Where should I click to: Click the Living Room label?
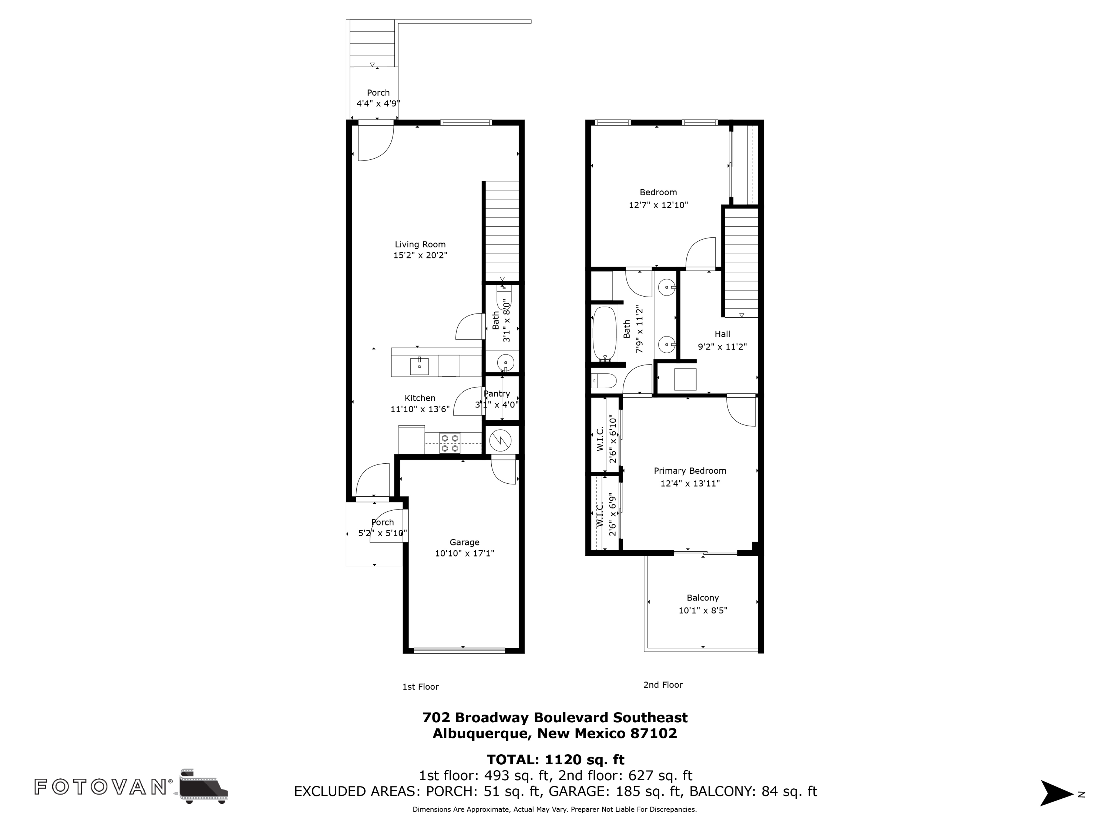(x=420, y=245)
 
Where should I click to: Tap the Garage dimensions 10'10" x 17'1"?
(x=464, y=554)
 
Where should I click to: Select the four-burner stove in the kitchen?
(x=450, y=443)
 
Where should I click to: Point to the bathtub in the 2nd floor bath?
(x=604, y=334)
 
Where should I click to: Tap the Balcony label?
(x=703, y=598)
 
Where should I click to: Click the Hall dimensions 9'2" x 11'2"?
(x=722, y=346)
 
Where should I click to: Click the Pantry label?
(x=497, y=394)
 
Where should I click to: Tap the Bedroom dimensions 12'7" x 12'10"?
(x=658, y=205)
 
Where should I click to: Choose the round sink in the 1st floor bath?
(x=506, y=362)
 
